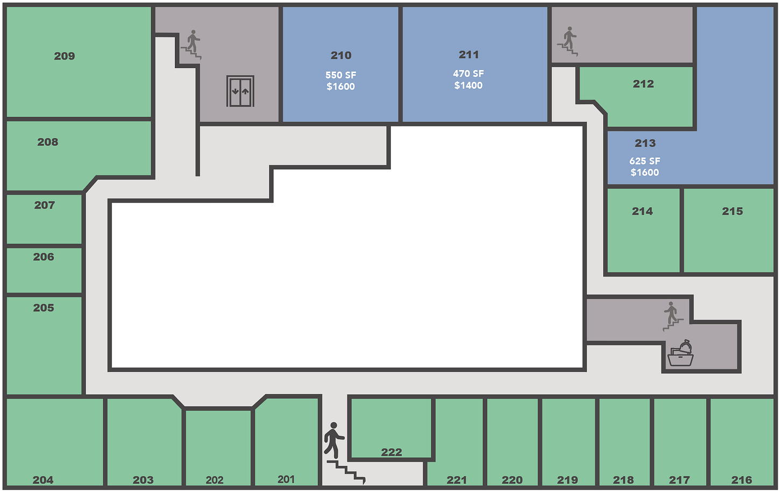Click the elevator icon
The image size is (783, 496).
(x=240, y=91)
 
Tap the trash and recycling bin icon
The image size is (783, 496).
(x=681, y=353)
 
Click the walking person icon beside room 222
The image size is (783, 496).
(x=334, y=440)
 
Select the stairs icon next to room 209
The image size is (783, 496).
(x=191, y=45)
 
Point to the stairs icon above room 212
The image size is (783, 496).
(x=568, y=41)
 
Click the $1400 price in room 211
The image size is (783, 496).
(x=468, y=86)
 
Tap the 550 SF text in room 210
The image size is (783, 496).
(x=341, y=75)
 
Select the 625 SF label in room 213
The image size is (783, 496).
(x=645, y=161)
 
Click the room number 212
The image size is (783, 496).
(x=643, y=84)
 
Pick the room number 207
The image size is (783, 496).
(x=45, y=205)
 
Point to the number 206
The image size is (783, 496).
(x=44, y=257)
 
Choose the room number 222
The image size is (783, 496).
(x=391, y=452)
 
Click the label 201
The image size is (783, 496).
(x=286, y=479)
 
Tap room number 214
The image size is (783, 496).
(x=642, y=211)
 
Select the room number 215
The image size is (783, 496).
(x=732, y=211)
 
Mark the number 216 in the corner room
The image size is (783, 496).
(x=742, y=480)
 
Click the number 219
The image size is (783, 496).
(x=567, y=480)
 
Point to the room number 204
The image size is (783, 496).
(x=43, y=480)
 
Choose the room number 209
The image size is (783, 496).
(x=65, y=56)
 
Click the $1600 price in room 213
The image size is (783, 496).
(x=645, y=173)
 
